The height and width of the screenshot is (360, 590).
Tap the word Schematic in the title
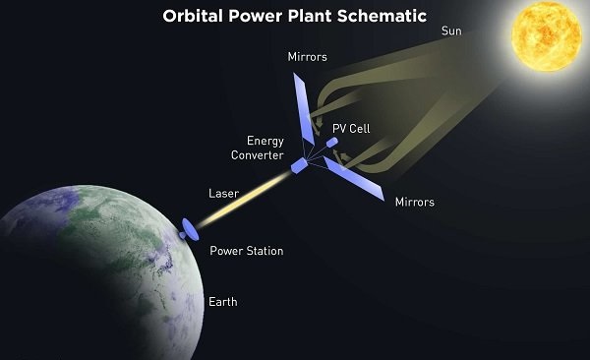coord(386,17)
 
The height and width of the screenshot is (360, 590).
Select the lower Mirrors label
coord(414,203)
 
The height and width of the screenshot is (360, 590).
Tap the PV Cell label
coord(353,127)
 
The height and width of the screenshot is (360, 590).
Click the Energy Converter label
coord(265,149)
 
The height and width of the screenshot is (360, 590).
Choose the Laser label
coord(223,193)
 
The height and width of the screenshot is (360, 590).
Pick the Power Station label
coord(247,252)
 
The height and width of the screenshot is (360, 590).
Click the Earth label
coord(222,301)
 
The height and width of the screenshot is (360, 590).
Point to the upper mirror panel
coord(304,104)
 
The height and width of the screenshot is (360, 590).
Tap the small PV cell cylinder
coord(332,143)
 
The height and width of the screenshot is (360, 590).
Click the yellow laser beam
coord(241,201)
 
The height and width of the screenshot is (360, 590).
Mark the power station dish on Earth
coord(189,231)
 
